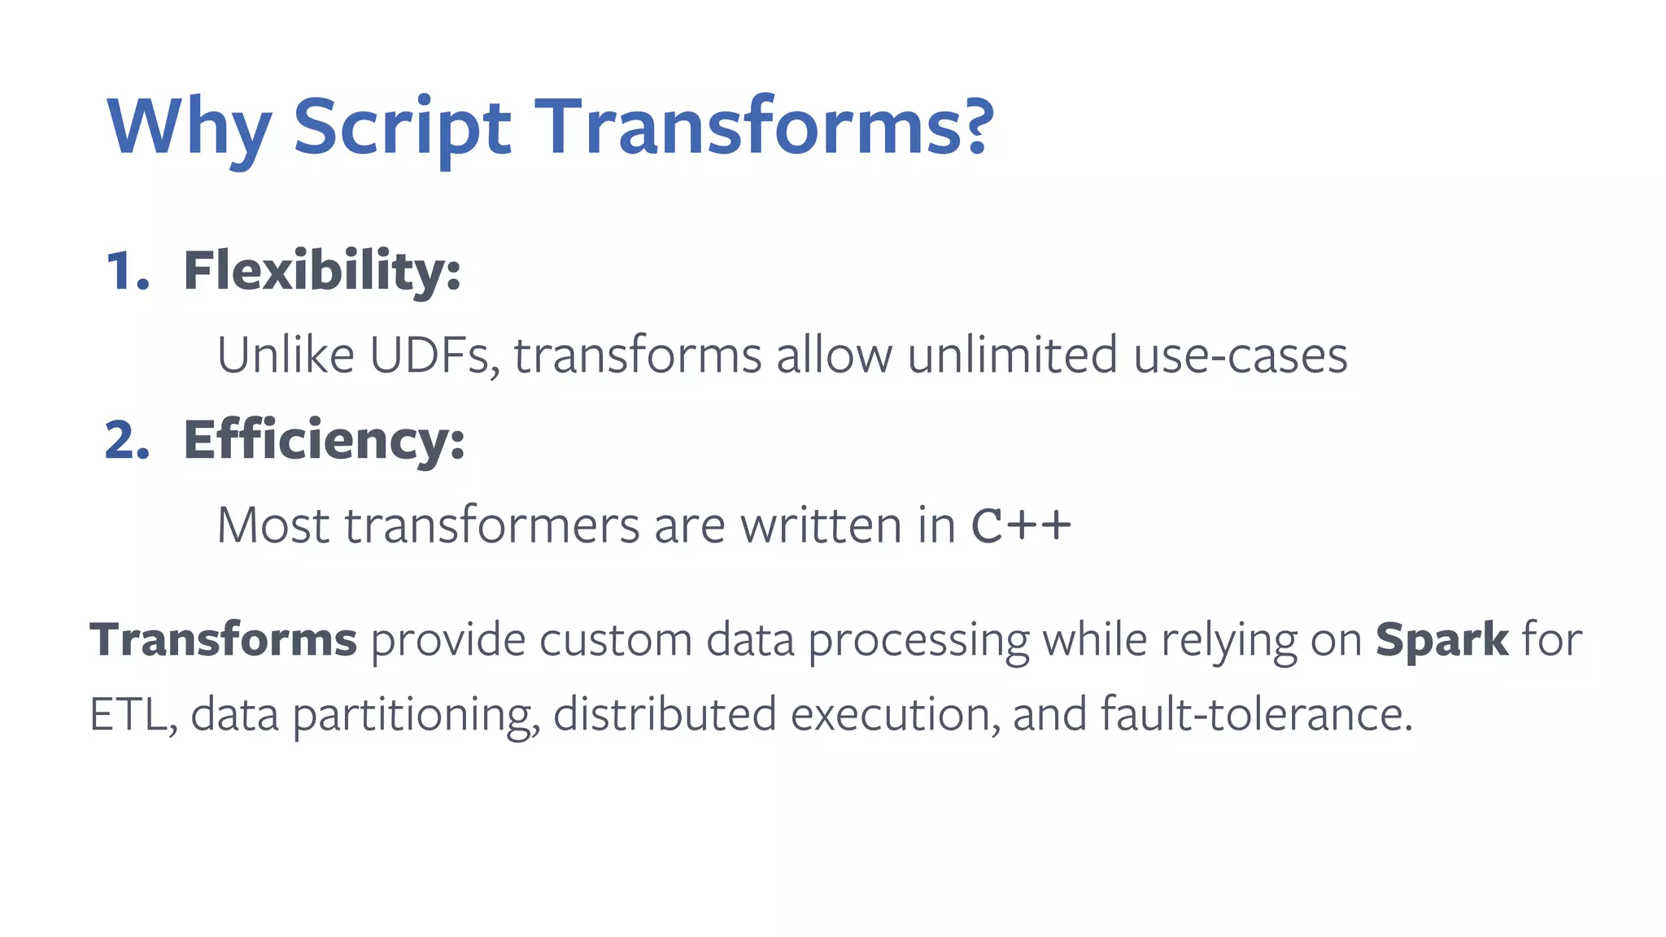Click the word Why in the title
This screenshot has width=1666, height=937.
[189, 128]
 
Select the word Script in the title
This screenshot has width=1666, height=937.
[401, 128]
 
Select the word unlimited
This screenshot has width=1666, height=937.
[1012, 355]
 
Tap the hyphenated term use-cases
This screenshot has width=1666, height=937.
[1240, 357]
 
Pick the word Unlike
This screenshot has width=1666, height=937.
[286, 355]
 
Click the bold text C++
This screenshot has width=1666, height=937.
[1021, 525]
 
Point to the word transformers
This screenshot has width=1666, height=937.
[492, 525]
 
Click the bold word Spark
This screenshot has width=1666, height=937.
[1441, 639]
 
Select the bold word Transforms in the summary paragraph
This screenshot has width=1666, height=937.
[223, 639]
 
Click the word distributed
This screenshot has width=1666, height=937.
[665, 714]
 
